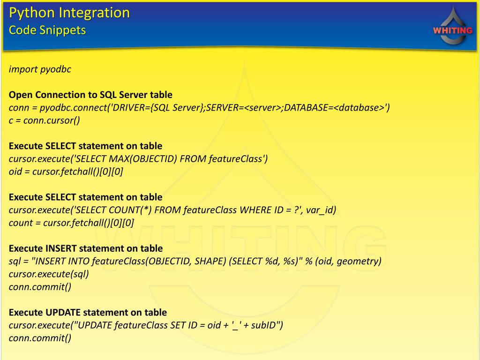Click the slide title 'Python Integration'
[69, 13]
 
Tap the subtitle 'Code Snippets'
[47, 30]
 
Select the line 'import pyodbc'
[40, 69]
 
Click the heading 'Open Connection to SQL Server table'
[90, 95]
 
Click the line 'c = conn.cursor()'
[45, 120]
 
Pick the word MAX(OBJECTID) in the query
[146, 159]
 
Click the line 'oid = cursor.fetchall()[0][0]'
[66, 172]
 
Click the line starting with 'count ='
[71, 223]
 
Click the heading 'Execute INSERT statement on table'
[86, 248]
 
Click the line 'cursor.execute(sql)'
[49, 274]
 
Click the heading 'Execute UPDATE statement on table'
[88, 312]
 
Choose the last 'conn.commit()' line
[40, 338]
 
